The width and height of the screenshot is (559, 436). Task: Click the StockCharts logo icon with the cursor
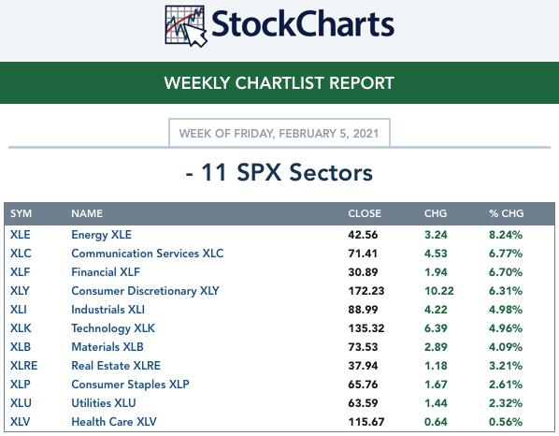186,26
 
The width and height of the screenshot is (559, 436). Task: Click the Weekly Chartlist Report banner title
279,82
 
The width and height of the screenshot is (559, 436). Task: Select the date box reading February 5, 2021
279,133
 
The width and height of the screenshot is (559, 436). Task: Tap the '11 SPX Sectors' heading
279,173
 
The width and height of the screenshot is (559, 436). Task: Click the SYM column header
21,213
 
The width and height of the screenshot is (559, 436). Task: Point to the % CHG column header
507,213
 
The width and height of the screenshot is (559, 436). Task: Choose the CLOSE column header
365,213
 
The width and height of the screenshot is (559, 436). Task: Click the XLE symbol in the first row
21,235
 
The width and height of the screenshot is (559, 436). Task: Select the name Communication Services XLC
148,254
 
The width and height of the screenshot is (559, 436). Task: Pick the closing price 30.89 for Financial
363,272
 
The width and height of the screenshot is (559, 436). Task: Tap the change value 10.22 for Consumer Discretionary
439,291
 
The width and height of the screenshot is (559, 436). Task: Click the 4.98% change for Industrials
506,310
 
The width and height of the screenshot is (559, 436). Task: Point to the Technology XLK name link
113,328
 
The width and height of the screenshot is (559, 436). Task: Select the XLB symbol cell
21,347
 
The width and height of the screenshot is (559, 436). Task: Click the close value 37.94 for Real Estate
363,366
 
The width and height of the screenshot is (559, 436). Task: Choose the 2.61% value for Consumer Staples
506,385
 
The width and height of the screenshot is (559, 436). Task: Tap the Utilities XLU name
104,403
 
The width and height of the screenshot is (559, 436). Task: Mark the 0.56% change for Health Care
506,422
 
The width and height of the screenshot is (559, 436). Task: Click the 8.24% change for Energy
506,235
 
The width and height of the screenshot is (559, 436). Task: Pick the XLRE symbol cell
24,365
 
